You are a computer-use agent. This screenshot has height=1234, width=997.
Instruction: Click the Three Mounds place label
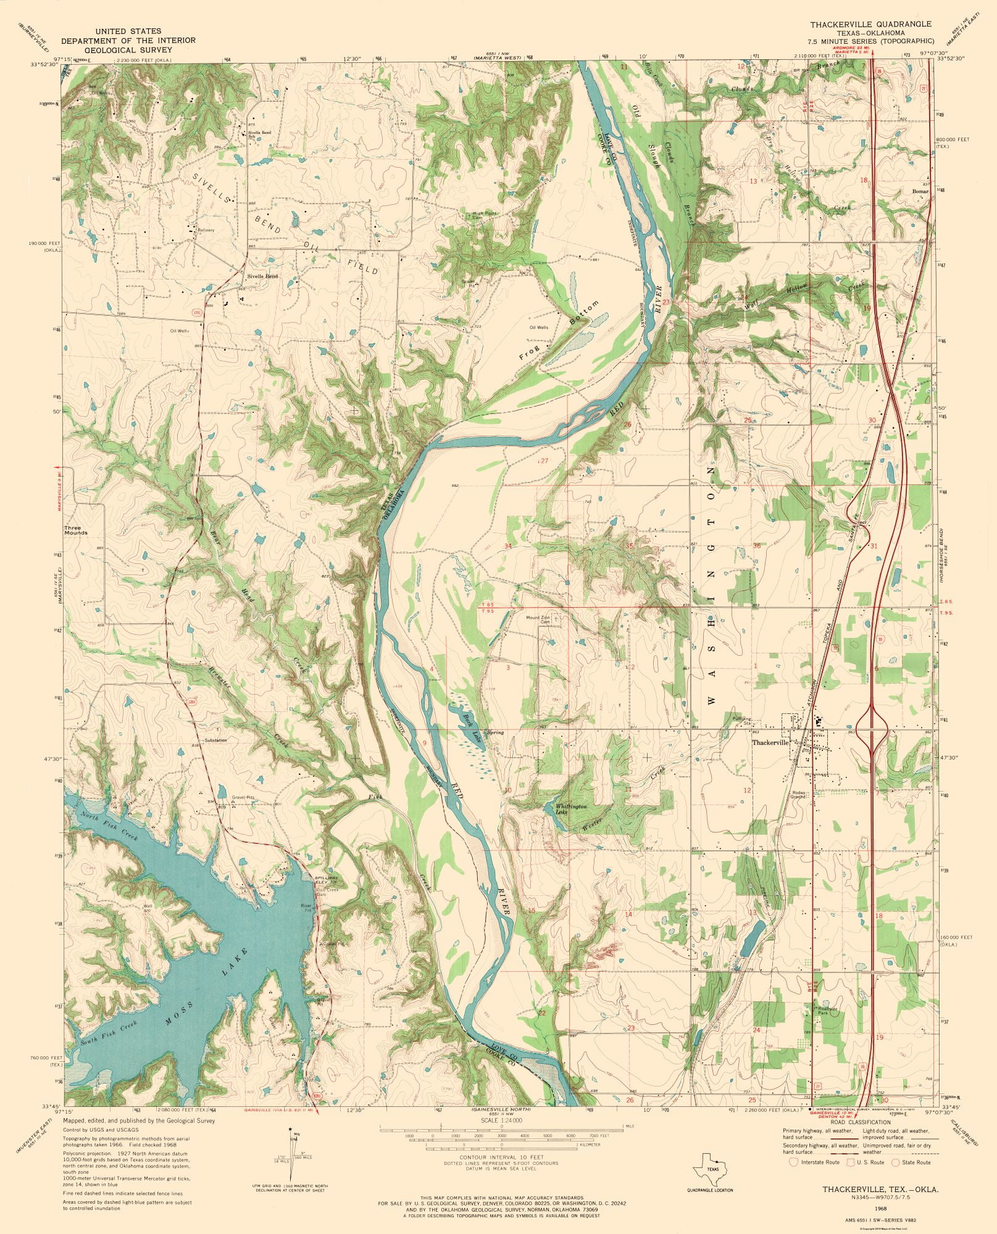point(77,530)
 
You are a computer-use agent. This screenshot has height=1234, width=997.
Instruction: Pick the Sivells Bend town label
point(262,276)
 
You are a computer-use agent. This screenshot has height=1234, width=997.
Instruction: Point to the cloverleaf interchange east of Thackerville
point(872,729)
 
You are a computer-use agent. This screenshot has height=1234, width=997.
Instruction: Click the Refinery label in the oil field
point(206,230)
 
